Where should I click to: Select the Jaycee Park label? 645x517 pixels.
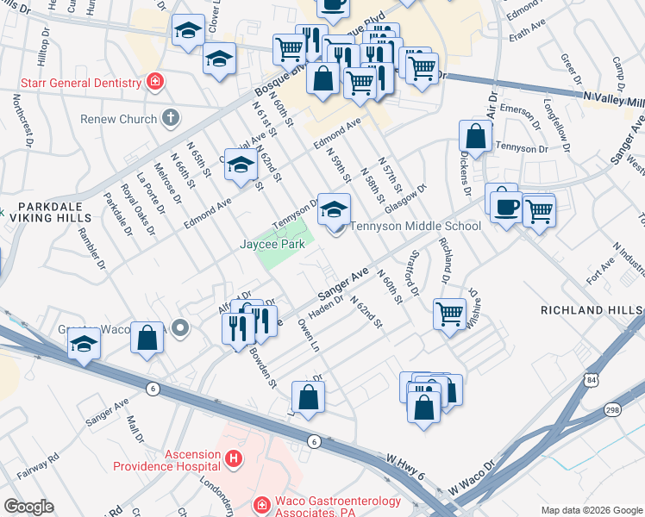pos(272,244)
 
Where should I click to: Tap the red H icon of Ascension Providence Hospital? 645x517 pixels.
pos(232,459)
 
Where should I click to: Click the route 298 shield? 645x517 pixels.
pos(611,410)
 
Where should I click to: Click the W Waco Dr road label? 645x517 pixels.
pos(469,482)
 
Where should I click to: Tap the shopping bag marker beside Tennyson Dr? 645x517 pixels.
pos(476,135)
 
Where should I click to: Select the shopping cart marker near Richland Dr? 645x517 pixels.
pos(449,313)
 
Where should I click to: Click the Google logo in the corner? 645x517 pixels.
pos(28,507)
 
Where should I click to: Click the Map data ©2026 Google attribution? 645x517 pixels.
pos(591,510)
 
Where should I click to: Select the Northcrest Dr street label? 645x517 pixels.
pos(18,117)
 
